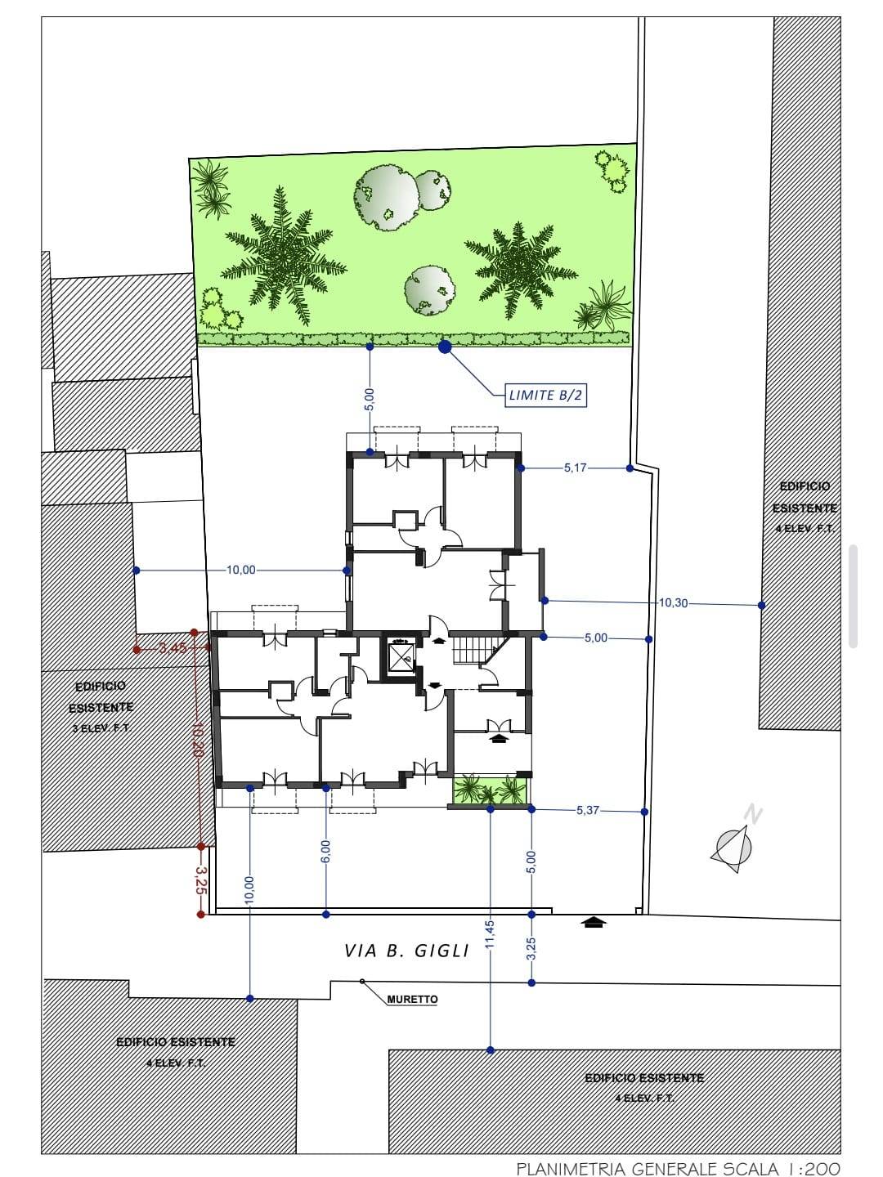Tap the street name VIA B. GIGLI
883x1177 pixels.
(x=406, y=951)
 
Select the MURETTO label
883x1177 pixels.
(x=412, y=999)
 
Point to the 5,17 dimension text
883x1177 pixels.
(x=575, y=468)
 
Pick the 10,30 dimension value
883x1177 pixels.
(x=673, y=603)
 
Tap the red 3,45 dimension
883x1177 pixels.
(x=173, y=648)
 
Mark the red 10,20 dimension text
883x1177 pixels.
(x=197, y=739)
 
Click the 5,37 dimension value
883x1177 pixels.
(x=587, y=811)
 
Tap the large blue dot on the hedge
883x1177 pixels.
(x=445, y=347)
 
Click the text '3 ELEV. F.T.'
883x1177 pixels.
(x=101, y=727)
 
